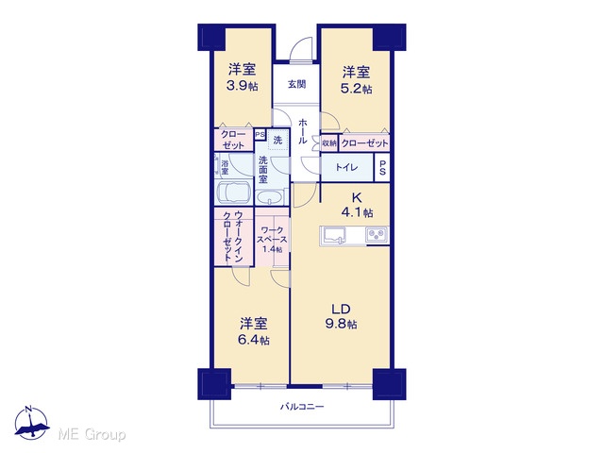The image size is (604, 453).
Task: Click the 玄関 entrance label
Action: coord(296,84)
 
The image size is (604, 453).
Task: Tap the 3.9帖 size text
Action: coord(242,86)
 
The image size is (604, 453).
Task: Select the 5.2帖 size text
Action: coord(357,89)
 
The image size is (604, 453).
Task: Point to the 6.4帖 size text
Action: coord(254,340)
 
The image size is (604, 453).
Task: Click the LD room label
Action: coord(342,309)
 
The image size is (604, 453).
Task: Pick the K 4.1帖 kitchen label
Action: coord(357,205)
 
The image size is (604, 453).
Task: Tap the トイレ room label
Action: coord(346,168)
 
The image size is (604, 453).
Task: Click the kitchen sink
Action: coord(333,235)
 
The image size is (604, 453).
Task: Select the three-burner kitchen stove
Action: coord(377,234)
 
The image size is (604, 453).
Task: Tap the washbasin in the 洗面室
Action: coord(270,198)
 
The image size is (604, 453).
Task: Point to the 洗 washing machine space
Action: coord(277,140)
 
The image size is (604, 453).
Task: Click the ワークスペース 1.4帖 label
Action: coord(273,240)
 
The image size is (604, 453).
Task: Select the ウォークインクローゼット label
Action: coord(233,236)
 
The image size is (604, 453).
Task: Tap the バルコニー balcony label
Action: coord(302,407)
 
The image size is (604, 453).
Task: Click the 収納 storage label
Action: coord(329,143)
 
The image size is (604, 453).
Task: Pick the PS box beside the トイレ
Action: coord(382,168)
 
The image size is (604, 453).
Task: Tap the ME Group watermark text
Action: coord(92,434)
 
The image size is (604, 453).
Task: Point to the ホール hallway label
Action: coord(303,131)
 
